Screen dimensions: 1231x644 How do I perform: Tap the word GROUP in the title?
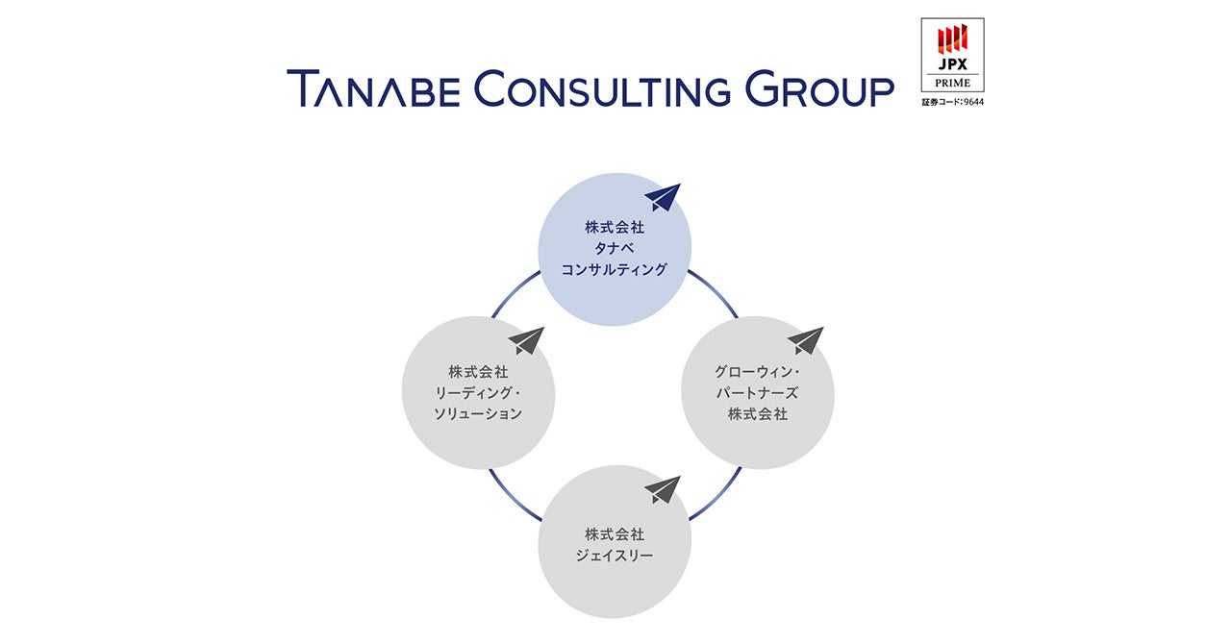point(820,89)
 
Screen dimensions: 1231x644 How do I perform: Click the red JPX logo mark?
point(952,38)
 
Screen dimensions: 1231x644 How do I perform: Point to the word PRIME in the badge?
point(952,83)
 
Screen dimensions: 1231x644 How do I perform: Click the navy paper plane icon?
point(663,197)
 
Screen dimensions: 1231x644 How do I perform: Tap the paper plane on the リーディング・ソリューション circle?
point(527,340)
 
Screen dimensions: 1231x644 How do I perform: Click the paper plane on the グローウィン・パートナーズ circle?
point(806,340)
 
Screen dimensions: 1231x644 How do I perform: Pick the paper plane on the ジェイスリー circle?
point(663,489)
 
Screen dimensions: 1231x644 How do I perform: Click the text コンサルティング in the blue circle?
point(614,270)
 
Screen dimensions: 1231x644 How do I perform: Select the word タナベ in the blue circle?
point(614,249)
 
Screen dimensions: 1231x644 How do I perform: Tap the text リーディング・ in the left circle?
point(478,392)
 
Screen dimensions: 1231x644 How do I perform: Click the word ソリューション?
point(478,413)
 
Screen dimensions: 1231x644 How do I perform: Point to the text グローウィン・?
point(758,371)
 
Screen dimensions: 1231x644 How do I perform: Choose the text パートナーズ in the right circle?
point(758,392)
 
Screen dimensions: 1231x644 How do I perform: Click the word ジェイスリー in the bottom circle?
point(614,556)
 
